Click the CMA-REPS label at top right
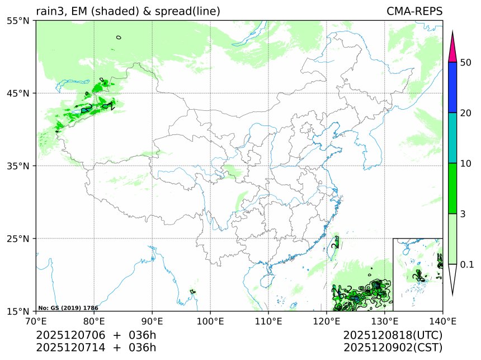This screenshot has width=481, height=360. click(414, 11)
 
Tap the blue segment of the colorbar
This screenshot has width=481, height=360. click(453, 87)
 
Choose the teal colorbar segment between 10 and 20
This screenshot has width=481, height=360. click(453, 138)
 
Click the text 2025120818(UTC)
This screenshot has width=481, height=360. click(393, 335)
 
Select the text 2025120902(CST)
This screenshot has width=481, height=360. click(393, 348)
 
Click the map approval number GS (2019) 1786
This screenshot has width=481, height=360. click(68, 308)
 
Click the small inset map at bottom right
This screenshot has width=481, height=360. click(417, 274)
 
